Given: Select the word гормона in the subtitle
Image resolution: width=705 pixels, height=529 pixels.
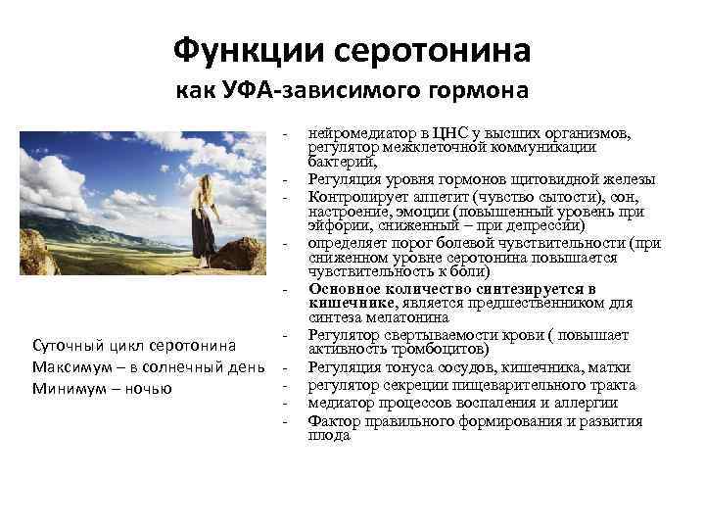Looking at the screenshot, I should coord(481,91).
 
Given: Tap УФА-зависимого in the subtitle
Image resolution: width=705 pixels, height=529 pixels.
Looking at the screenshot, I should coord(324,91).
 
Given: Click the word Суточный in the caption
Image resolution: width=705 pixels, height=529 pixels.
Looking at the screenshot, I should coord(68,346).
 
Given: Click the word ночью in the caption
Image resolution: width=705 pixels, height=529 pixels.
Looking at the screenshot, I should coord(150,389).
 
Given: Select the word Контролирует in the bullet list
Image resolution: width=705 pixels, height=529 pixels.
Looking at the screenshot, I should coord(354,195).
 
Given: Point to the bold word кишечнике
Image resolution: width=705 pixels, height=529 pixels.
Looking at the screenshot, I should coord(349,304).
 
